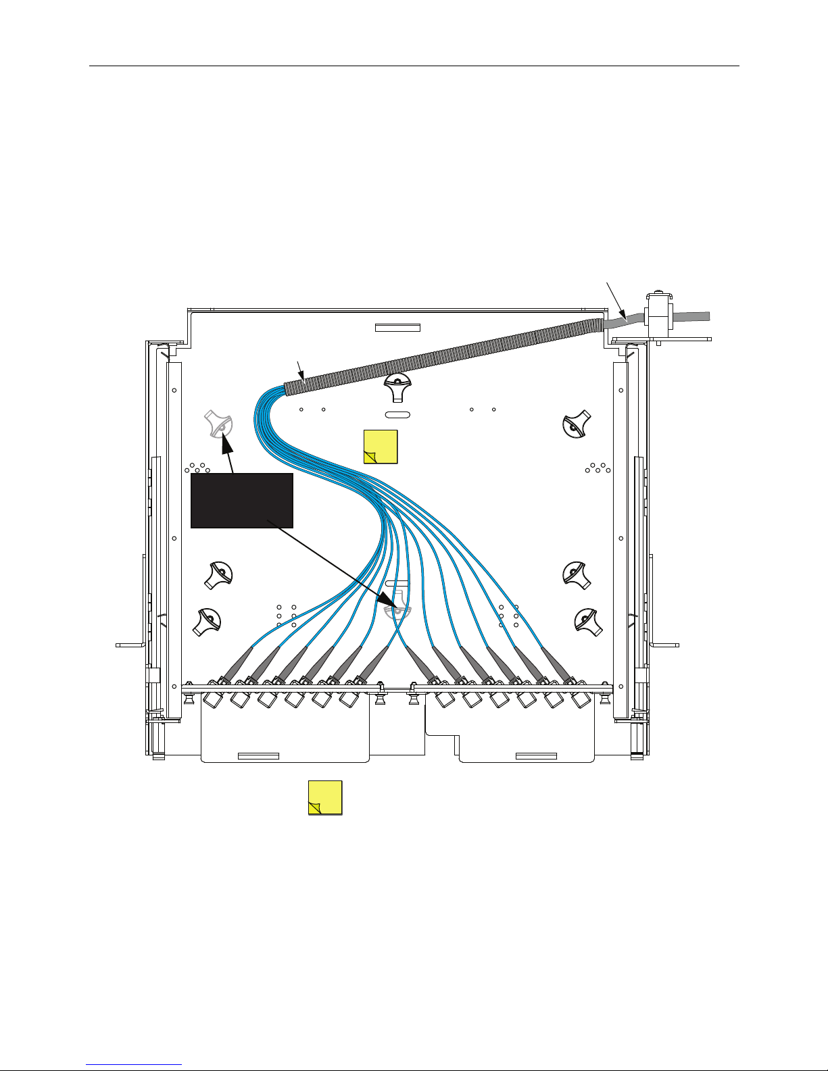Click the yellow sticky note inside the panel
[x=381, y=447]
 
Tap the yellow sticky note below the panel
[x=325, y=797]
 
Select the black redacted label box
[x=242, y=500]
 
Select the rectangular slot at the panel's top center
[x=397, y=328]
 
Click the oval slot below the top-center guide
[x=398, y=414]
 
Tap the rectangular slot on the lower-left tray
[x=259, y=755]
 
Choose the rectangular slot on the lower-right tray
[x=536, y=755]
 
